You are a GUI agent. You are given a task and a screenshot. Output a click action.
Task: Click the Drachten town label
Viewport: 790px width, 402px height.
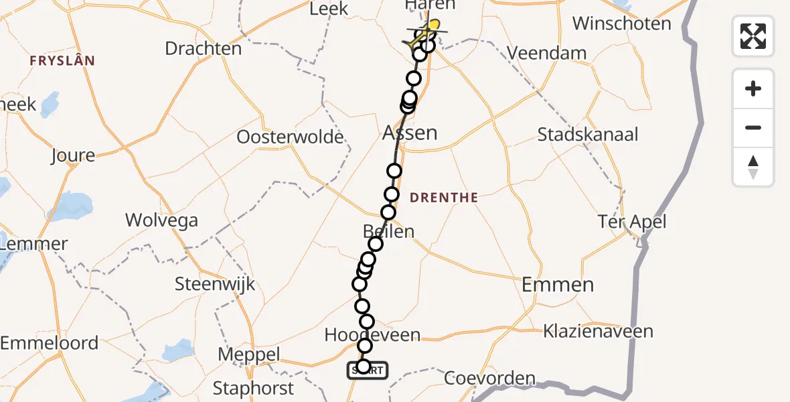click(x=203, y=48)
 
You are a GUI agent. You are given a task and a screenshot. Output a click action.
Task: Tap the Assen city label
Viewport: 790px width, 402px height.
click(x=410, y=133)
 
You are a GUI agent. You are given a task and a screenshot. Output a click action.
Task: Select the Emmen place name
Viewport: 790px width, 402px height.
click(x=558, y=285)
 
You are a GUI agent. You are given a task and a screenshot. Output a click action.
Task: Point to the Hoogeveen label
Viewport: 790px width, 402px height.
click(x=372, y=334)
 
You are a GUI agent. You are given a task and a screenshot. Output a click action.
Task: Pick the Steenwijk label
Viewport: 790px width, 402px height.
click(x=215, y=283)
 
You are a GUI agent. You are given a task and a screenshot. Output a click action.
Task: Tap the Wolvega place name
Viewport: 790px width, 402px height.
click(x=161, y=220)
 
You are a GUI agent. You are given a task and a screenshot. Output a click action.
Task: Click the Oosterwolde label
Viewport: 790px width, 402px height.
click(x=291, y=137)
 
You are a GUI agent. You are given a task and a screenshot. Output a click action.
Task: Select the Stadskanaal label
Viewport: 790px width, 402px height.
click(x=588, y=135)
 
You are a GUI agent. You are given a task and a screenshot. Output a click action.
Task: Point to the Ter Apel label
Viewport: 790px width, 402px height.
click(x=633, y=222)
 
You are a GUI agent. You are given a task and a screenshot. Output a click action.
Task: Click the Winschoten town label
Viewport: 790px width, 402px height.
click(x=621, y=24)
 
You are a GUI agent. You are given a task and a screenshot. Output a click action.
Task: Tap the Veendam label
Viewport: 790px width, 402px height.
click(x=546, y=53)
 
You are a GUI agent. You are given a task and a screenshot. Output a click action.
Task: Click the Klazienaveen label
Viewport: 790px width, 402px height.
click(x=599, y=332)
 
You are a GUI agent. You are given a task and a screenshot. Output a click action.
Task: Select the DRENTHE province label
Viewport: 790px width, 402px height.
click(x=443, y=198)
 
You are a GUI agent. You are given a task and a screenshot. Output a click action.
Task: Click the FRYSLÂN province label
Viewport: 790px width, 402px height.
click(x=62, y=61)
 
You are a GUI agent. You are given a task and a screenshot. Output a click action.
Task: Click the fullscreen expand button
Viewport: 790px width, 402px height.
click(x=753, y=36)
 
